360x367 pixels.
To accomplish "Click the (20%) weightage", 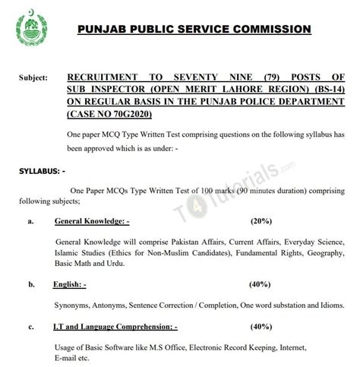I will coord(261,222).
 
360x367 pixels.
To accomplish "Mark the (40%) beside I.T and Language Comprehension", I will coord(261,327).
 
